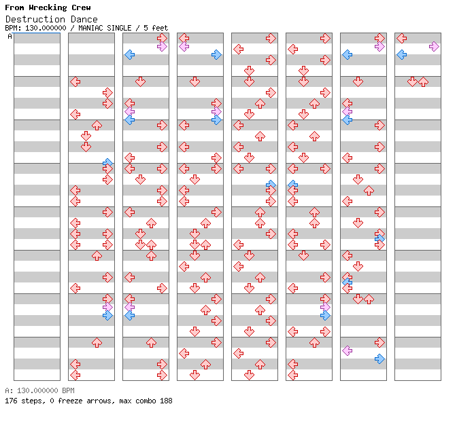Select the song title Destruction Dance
pos(51,19)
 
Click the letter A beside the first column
pos(10,37)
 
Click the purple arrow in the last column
pos(434,46)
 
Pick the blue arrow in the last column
pos(401,54)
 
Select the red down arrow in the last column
pos(412,81)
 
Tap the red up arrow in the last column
pos(423,81)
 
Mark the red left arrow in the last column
pos(401,38)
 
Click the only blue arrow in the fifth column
pos(271,185)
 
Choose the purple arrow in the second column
pos(107,307)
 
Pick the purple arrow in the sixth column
pos(325,307)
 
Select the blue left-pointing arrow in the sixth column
pos(292,185)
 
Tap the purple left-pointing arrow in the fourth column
pos(184,46)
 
